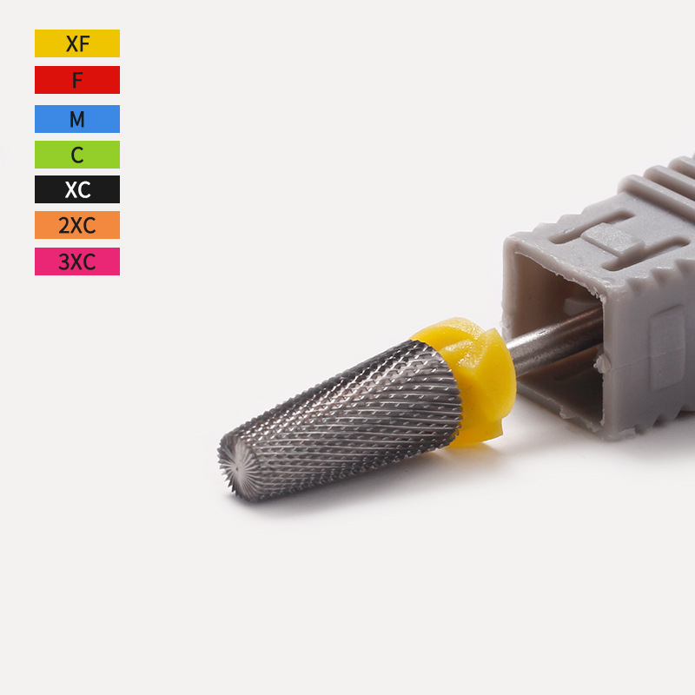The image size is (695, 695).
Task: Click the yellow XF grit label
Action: click(77, 43)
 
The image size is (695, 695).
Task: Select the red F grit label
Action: click(77, 80)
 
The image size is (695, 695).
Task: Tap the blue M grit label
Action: click(77, 119)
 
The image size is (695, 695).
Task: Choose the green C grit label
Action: click(77, 155)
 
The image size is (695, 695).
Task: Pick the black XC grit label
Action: click(77, 189)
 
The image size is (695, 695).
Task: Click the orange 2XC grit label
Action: click(77, 225)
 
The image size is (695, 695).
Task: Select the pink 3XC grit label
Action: click(77, 261)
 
